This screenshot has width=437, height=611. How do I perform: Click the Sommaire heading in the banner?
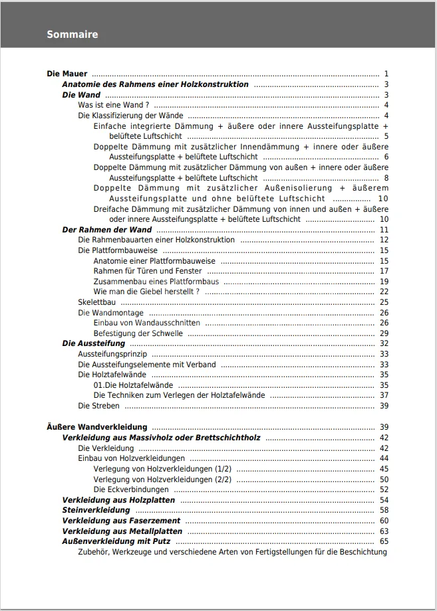(72, 35)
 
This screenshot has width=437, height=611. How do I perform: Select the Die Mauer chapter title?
(67, 74)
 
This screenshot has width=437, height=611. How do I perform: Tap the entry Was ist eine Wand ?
(113, 105)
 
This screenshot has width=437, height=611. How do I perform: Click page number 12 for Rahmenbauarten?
(384, 240)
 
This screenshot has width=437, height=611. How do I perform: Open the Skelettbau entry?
(96, 302)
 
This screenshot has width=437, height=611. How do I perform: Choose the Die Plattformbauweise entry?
(118, 250)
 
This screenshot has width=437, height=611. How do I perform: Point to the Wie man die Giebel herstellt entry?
(146, 292)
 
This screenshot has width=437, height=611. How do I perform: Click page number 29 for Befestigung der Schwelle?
(384, 333)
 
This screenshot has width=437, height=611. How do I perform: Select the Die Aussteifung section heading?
(93, 343)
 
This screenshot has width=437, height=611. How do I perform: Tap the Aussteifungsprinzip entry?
(112, 354)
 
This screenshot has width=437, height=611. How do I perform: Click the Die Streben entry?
(98, 406)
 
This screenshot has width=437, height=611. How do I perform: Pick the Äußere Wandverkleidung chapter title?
(97, 427)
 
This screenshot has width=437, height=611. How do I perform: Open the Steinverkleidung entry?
(96, 510)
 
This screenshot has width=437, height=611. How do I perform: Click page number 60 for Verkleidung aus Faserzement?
(384, 521)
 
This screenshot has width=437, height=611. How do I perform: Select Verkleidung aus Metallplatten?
(122, 531)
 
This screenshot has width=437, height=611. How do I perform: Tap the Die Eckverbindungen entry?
(131, 489)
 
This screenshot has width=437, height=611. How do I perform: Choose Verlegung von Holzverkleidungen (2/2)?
(162, 479)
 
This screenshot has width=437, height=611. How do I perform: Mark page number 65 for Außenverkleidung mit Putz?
(384, 541)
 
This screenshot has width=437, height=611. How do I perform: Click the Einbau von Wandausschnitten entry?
(146, 323)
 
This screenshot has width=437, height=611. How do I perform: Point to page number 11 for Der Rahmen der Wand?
(384, 230)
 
